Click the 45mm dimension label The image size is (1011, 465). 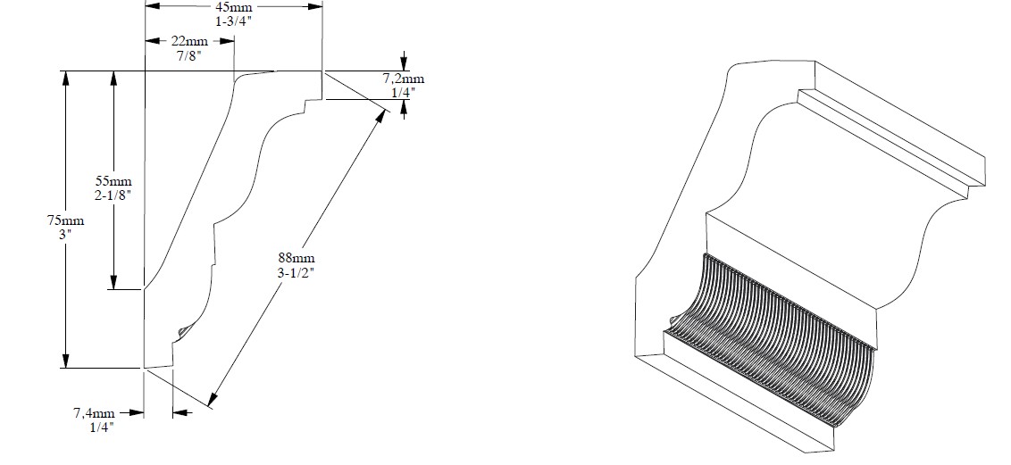(234, 7)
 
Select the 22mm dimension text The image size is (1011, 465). (189, 42)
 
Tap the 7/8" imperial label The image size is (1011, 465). (189, 54)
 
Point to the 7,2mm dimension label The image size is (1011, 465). (405, 79)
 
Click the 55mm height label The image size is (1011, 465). (113, 181)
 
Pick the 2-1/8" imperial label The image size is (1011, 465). (113, 195)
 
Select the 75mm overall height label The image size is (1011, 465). (65, 221)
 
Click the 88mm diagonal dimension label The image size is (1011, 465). (297, 259)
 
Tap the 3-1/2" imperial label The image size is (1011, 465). (297, 272)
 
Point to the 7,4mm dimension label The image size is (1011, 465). (94, 413)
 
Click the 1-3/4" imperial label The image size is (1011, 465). (234, 20)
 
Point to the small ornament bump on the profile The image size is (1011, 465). (183, 332)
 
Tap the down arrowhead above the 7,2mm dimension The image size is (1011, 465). (405, 63)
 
